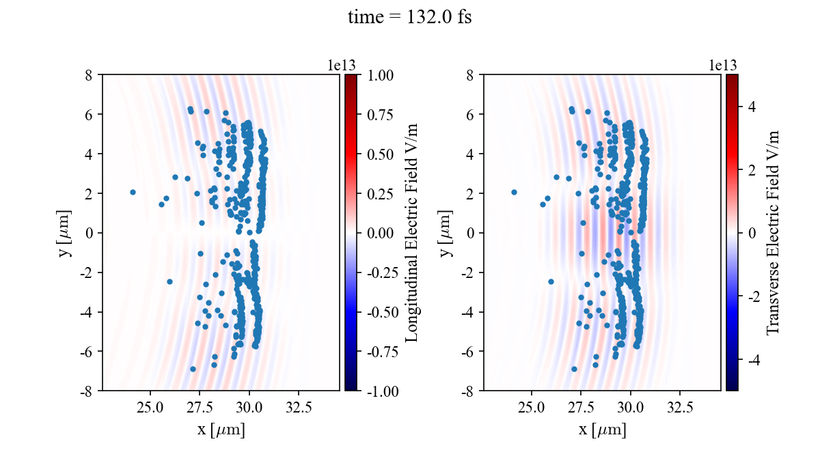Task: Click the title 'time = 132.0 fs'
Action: click(x=409, y=18)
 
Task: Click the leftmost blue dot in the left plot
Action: click(x=133, y=193)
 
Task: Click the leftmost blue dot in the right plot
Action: click(x=514, y=193)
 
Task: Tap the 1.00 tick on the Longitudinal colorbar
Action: click(x=380, y=75)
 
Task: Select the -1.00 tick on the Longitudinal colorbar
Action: click(x=379, y=391)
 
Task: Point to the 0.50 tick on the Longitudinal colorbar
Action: click(x=380, y=154)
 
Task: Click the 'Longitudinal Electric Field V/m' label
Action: click(x=412, y=232)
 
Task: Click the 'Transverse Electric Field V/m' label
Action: click(x=773, y=232)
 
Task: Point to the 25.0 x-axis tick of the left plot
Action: click(x=151, y=408)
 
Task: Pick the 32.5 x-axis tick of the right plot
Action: click(x=680, y=408)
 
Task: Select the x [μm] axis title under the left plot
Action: click(x=221, y=430)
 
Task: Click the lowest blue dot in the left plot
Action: click(x=193, y=369)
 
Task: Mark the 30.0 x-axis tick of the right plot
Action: click(x=630, y=408)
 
